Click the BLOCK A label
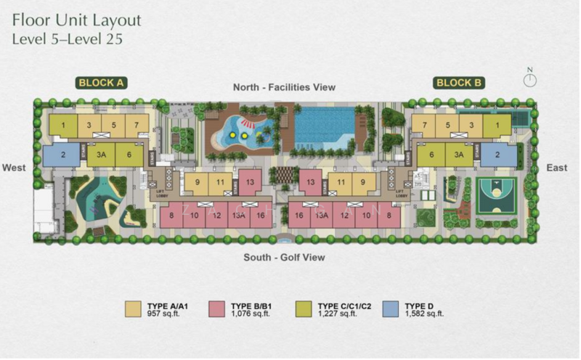pyautogui.click(x=102, y=83)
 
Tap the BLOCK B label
pyautogui.click(x=459, y=83)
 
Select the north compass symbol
pyautogui.click(x=529, y=79)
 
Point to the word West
pyautogui.click(x=14, y=168)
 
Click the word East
pyautogui.click(x=557, y=168)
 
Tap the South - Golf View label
pyautogui.click(x=284, y=257)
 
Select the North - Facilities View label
pyautogui.click(x=284, y=87)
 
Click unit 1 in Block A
pyautogui.click(x=63, y=126)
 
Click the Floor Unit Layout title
pyautogui.click(x=76, y=20)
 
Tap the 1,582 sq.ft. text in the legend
pyautogui.click(x=424, y=314)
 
